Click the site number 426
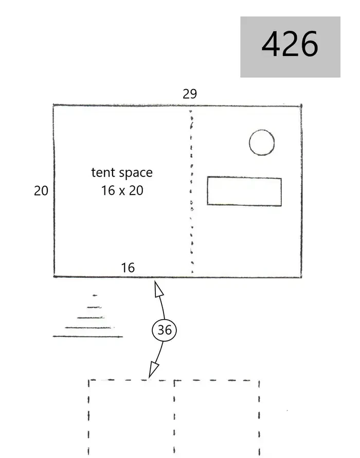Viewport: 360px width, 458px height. pyautogui.click(x=290, y=44)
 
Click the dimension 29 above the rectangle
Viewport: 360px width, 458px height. pyautogui.click(x=190, y=94)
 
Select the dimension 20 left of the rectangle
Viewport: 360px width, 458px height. pyautogui.click(x=41, y=191)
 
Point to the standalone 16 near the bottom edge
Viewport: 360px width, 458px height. pyautogui.click(x=128, y=268)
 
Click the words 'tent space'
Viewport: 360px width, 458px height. pyautogui.click(x=122, y=172)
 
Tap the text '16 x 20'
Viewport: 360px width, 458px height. pyautogui.click(x=122, y=190)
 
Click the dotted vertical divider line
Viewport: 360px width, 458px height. pyautogui.click(x=191, y=191)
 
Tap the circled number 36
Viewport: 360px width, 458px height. pyautogui.click(x=165, y=330)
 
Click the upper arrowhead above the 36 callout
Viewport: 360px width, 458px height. pyautogui.click(x=158, y=289)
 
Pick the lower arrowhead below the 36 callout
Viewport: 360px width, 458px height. pyautogui.click(x=154, y=369)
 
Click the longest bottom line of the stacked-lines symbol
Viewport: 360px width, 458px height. pyautogui.click(x=87, y=337)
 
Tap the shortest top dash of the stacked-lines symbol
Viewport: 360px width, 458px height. pyautogui.click(x=95, y=295)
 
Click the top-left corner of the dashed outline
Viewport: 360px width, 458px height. pyautogui.click(x=89, y=380)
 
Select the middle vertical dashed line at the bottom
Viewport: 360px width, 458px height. pyautogui.click(x=174, y=418)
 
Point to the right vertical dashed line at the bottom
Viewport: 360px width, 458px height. pyautogui.click(x=259, y=418)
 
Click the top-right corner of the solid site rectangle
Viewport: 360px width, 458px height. pyautogui.click(x=301, y=105)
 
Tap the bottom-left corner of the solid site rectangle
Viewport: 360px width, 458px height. pyautogui.click(x=55, y=276)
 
